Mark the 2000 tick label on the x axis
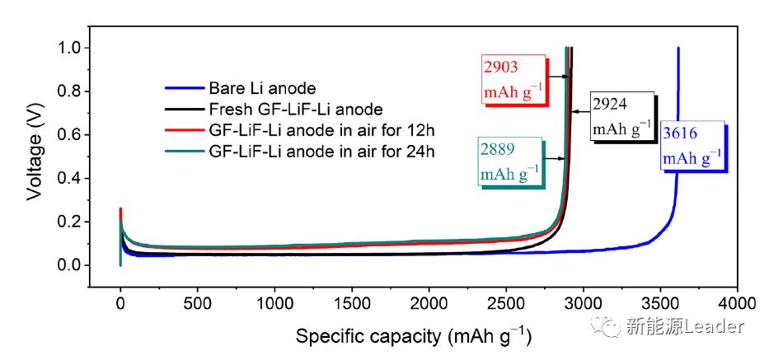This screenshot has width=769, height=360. click(429, 302)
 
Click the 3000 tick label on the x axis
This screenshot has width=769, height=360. click(583, 302)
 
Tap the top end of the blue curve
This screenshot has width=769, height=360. click(678, 49)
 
